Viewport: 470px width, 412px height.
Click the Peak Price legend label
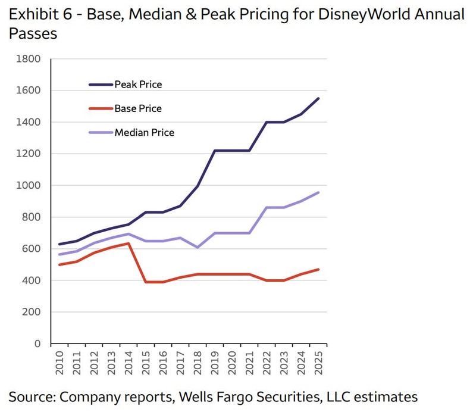pyautogui.click(x=138, y=85)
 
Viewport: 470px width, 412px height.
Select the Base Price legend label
pyautogui.click(x=138, y=108)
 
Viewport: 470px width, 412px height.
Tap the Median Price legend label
pyautogui.click(x=144, y=132)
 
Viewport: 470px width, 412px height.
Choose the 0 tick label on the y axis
pyautogui.click(x=37, y=344)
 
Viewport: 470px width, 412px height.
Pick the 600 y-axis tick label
pyautogui.click(x=32, y=249)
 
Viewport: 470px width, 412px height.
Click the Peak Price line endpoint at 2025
pyautogui.click(x=318, y=98)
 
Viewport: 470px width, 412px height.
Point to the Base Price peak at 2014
pyautogui.click(x=129, y=243)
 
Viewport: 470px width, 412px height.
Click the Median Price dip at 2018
pyautogui.click(x=198, y=247)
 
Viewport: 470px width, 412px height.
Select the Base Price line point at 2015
pyautogui.click(x=146, y=282)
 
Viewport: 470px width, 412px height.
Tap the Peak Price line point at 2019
pyautogui.click(x=215, y=151)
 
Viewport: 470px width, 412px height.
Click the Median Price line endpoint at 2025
pyautogui.click(x=318, y=192)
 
